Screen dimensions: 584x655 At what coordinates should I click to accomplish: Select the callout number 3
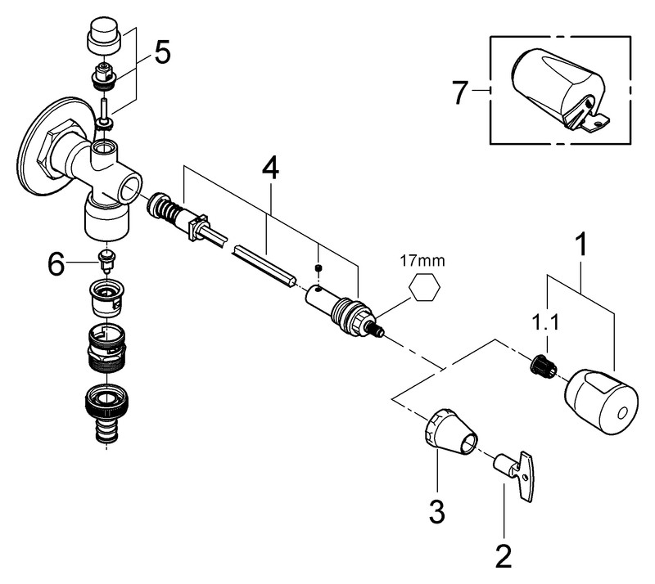(437, 512)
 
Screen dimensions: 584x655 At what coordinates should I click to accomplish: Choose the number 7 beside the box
(462, 92)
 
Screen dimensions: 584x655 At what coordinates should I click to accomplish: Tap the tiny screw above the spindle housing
(318, 267)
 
